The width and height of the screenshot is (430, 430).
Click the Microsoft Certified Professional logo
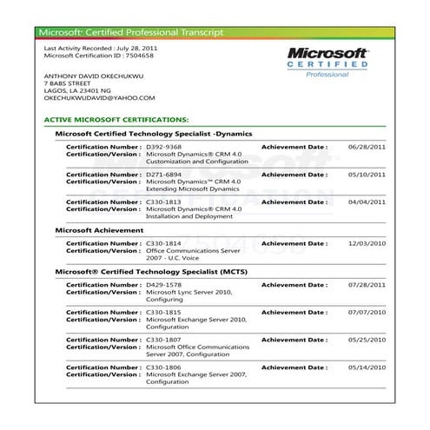pos(327,61)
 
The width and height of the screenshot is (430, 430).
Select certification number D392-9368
pos(163,148)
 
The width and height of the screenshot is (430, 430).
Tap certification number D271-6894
pos(163,175)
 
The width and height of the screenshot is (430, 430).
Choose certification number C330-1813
pos(163,202)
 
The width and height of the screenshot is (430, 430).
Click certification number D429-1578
pos(163,285)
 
